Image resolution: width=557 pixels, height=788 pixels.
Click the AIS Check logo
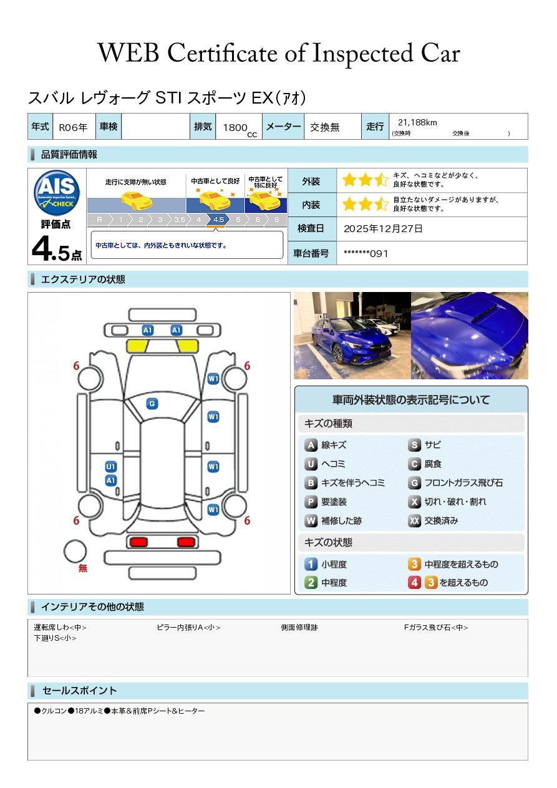pos(57,192)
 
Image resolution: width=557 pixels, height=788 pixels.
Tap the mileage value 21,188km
pos(417,123)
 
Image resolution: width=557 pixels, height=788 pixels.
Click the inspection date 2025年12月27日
pos(383,229)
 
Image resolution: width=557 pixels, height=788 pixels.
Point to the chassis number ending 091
pos(366,254)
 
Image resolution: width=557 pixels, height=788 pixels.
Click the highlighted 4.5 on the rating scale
pos(218,220)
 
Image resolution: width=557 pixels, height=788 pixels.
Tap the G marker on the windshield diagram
pos(152,404)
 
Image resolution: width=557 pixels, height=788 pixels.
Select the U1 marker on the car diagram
pos(111,467)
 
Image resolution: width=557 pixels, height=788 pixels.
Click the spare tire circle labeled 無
pos(75,552)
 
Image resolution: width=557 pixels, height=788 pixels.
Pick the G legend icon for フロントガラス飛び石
pos(414,483)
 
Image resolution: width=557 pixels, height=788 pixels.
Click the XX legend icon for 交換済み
pos(414,520)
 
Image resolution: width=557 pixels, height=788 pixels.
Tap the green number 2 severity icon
pos(311,583)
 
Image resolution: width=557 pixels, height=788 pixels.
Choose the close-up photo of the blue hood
pos(470,336)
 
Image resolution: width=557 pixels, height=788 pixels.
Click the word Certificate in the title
pos(222,53)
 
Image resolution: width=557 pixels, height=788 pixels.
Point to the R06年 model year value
pos(73,127)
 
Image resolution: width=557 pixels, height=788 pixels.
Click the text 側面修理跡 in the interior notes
pos(299,627)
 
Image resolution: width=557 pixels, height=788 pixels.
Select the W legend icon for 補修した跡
pos(311,520)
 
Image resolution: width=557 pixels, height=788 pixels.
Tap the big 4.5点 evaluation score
pos(57,250)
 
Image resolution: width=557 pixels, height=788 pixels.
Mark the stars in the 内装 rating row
pos(365,205)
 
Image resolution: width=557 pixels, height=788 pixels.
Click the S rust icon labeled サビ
pos(414,445)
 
